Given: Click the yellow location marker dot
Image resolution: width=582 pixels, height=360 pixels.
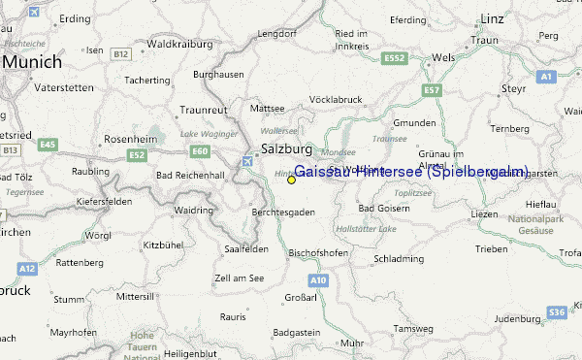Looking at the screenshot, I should click(x=291, y=180).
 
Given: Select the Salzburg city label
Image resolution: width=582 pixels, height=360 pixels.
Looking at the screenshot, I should click(x=286, y=149).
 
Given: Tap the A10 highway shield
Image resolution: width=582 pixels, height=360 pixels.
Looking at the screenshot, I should click(x=319, y=279).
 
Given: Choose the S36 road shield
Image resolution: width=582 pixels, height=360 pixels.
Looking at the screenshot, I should click(x=556, y=311).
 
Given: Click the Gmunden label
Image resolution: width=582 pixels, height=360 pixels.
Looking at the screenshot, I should click(x=415, y=123).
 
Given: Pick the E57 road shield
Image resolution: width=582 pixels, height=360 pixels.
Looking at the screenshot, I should click(x=432, y=90).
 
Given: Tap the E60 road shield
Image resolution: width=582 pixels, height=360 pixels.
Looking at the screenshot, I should click(x=200, y=151).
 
